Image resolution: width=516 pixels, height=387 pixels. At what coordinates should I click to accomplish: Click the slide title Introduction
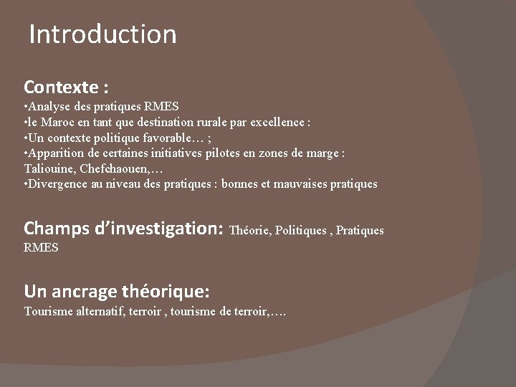(102, 34)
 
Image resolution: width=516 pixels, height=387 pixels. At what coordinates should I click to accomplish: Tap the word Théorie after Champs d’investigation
(249, 230)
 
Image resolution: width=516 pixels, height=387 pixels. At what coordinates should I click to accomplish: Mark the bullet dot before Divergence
(26, 183)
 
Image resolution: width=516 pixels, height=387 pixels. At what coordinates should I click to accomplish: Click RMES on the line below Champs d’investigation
(41, 247)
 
